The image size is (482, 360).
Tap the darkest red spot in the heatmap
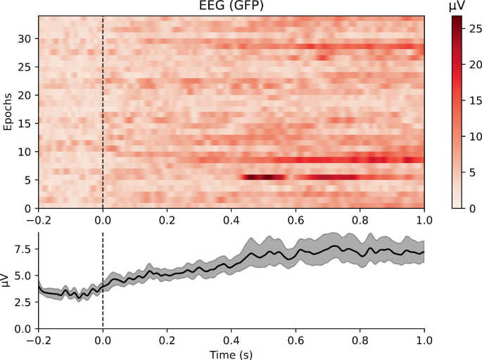point(266,177)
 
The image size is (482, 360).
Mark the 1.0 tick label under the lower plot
point(424,340)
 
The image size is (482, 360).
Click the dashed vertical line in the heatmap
point(103,112)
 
